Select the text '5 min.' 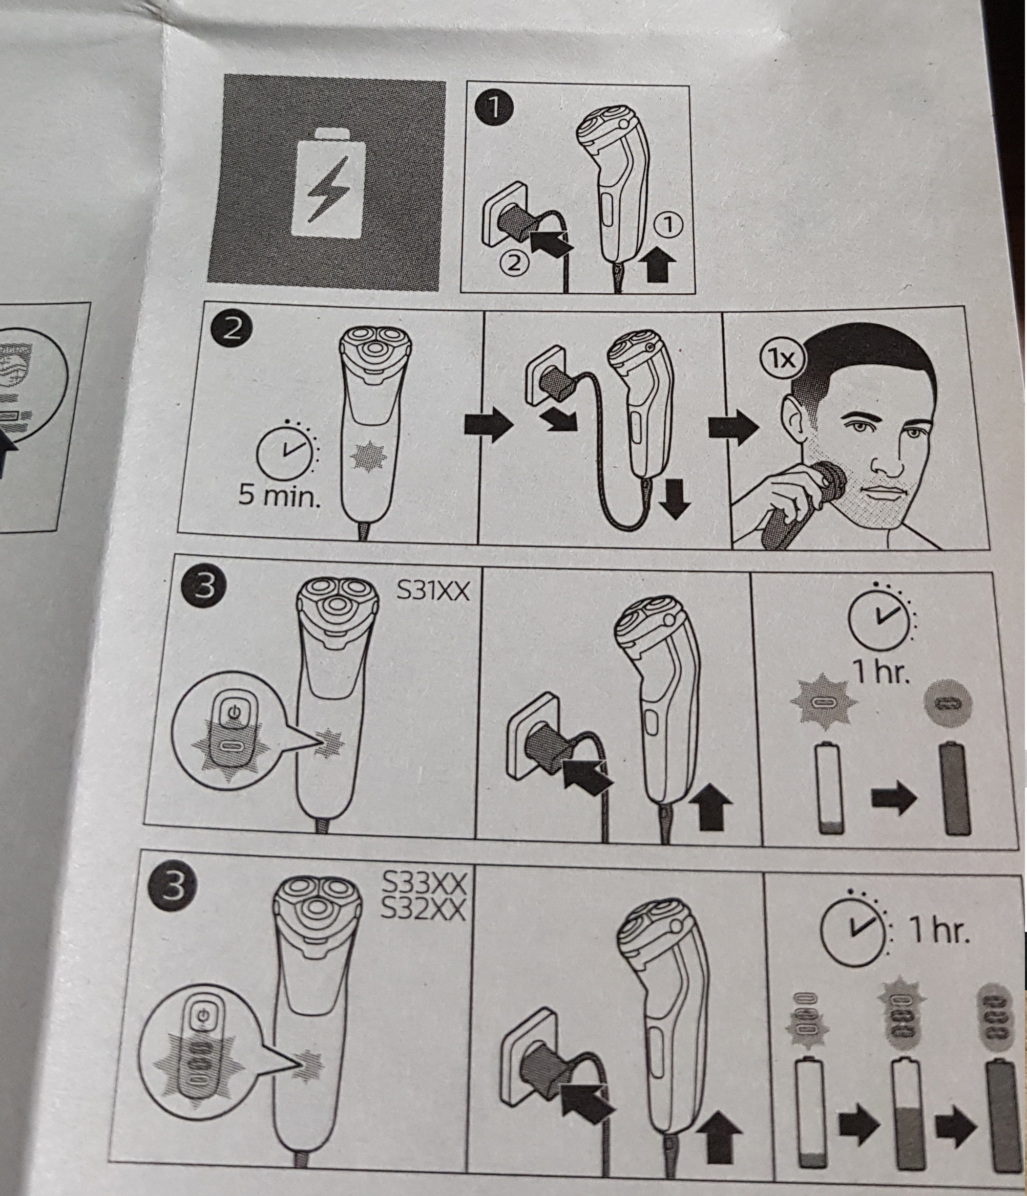279,495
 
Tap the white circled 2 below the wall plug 515,264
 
